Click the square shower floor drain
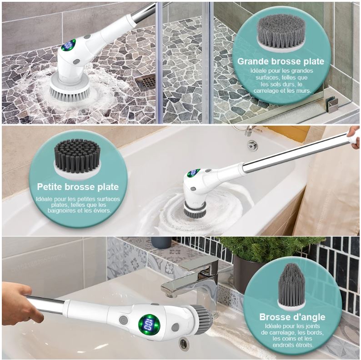146,82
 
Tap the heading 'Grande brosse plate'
281,61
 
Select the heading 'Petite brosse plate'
78,187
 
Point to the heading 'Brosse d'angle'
292,317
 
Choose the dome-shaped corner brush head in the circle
291,286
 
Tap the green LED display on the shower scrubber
69,45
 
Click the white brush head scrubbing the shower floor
70,88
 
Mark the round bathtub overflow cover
252,145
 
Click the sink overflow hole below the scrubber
184,345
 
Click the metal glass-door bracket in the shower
332,105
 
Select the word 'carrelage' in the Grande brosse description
266,91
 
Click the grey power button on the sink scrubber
123,320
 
